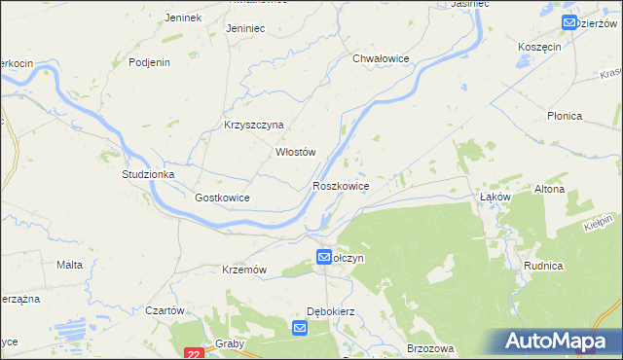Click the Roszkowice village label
click(340, 185)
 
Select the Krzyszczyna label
click(253, 125)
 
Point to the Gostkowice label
click(223, 198)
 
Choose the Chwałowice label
click(381, 58)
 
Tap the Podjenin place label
click(150, 62)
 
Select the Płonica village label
click(564, 116)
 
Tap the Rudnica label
click(570, 265)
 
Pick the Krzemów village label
click(244, 270)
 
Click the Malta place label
click(69, 265)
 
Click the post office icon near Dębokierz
click(300, 330)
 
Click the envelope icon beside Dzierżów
click(568, 22)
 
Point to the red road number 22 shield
click(195, 354)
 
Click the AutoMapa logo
click(560, 341)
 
